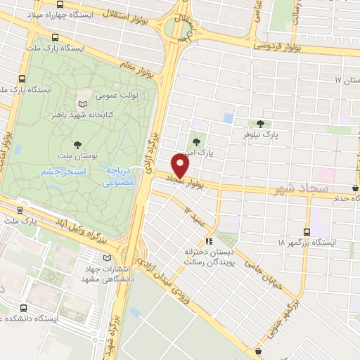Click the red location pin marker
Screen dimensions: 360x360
pyautogui.click(x=181, y=166)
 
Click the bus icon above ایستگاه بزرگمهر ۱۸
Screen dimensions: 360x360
pyautogui.click(x=307, y=231)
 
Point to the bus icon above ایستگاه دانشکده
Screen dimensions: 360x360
pyautogui.click(x=25, y=308)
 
